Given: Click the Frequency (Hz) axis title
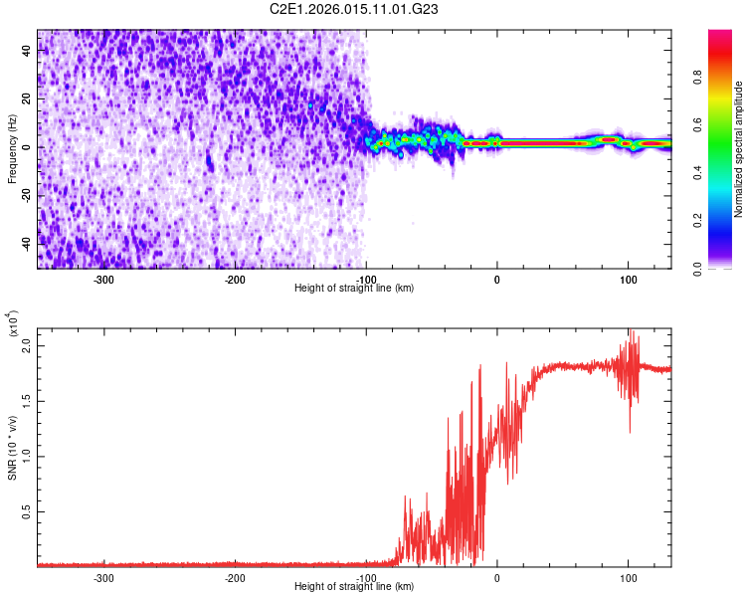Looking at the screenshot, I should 13,149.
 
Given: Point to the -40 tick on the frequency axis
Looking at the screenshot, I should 26,244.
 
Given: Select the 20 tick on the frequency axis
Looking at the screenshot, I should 28,99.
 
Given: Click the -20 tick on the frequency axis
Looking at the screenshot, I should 26,196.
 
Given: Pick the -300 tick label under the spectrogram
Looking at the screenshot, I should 104,280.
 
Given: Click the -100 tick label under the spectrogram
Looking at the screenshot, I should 366,280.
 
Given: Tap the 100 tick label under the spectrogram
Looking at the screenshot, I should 628,280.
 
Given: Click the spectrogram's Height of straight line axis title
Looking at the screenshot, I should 354,289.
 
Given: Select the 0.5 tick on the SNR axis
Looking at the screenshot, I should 26,511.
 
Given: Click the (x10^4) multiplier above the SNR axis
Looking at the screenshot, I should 13,324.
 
